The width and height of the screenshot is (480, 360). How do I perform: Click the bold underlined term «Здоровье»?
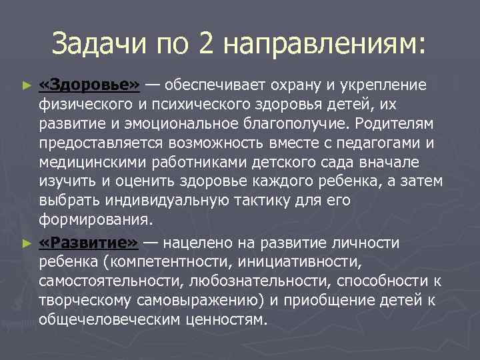click(89, 85)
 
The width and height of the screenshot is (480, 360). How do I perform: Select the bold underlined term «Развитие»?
click(89, 243)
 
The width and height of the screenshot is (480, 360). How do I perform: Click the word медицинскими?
click(90, 163)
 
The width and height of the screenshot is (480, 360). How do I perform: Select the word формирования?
click(95, 221)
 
